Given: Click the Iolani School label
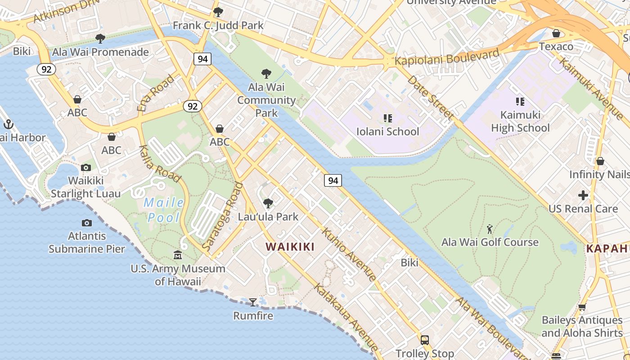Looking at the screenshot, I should (387, 131).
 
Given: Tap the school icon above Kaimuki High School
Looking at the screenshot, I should (520, 102).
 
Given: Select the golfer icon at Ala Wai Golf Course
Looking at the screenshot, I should (490, 229).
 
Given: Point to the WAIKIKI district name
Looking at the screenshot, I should (290, 247).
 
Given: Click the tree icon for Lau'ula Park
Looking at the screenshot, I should (268, 203).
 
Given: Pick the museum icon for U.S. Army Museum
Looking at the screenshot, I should (178, 255).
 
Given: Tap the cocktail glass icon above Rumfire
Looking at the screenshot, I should (253, 302).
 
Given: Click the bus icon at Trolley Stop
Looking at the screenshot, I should (424, 340).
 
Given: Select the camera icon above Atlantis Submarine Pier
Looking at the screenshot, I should (86, 223).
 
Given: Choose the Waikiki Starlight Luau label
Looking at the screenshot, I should (85, 187).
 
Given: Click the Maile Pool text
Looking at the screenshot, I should (164, 210).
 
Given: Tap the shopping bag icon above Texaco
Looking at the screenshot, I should (556, 33).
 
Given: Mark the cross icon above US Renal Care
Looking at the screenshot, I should (583, 195).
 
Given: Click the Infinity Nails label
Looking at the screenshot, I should (599, 174).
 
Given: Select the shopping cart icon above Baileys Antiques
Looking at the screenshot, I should (582, 307).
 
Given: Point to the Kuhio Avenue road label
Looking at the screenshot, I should (349, 255).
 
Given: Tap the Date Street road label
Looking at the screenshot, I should (430, 98).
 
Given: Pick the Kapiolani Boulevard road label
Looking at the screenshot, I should (447, 57).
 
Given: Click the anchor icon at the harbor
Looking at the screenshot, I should (8, 124).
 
